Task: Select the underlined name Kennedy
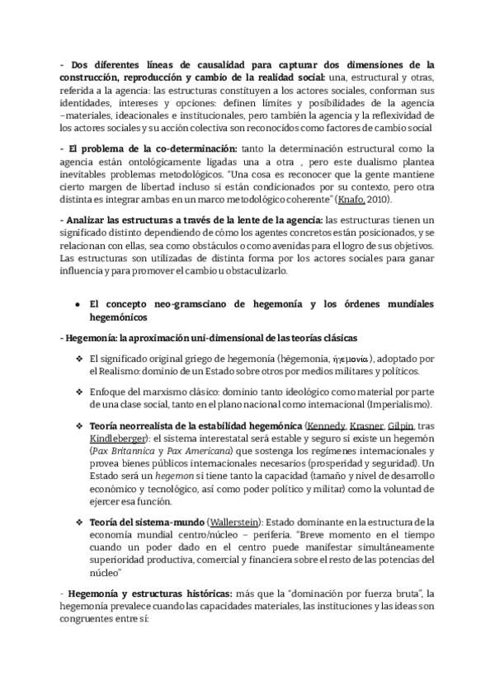324,425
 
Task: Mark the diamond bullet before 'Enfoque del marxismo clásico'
78,393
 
